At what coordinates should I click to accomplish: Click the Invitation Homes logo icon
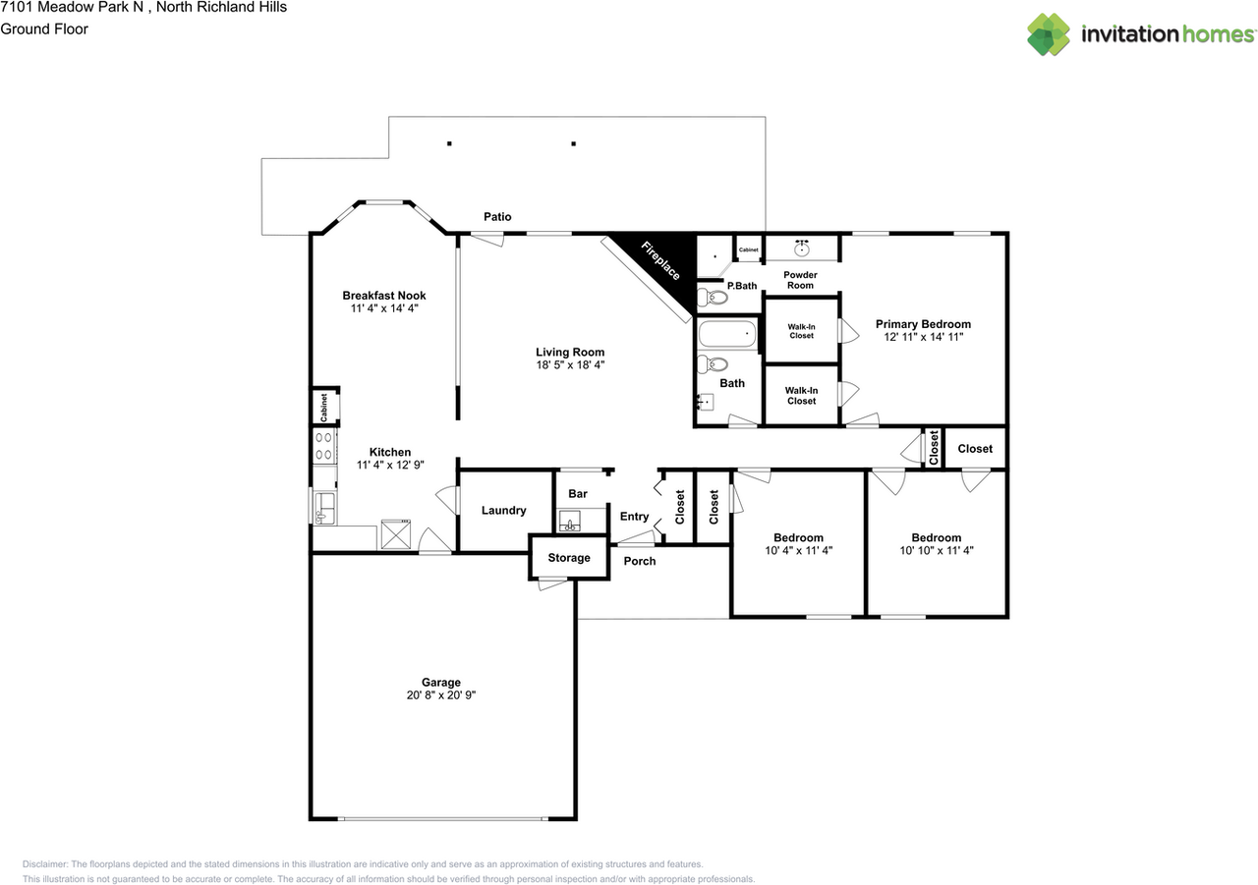(x=1050, y=34)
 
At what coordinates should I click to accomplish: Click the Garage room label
(x=441, y=682)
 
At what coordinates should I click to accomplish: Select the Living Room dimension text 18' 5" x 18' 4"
(x=570, y=365)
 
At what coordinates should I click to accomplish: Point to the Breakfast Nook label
(x=384, y=295)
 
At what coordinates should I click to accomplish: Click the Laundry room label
(x=503, y=511)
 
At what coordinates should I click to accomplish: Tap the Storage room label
(x=569, y=558)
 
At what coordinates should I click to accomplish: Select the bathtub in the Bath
(x=728, y=336)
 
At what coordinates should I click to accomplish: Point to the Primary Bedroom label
(x=923, y=324)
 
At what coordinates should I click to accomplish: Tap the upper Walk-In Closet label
(x=801, y=330)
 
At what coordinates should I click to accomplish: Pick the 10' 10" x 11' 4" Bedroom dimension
(x=936, y=551)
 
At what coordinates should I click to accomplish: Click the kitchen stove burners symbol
(x=324, y=447)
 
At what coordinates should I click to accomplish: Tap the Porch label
(x=640, y=561)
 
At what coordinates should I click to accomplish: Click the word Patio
(x=497, y=216)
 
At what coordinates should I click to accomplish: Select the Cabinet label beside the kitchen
(x=323, y=407)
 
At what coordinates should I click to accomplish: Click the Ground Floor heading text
(x=44, y=28)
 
